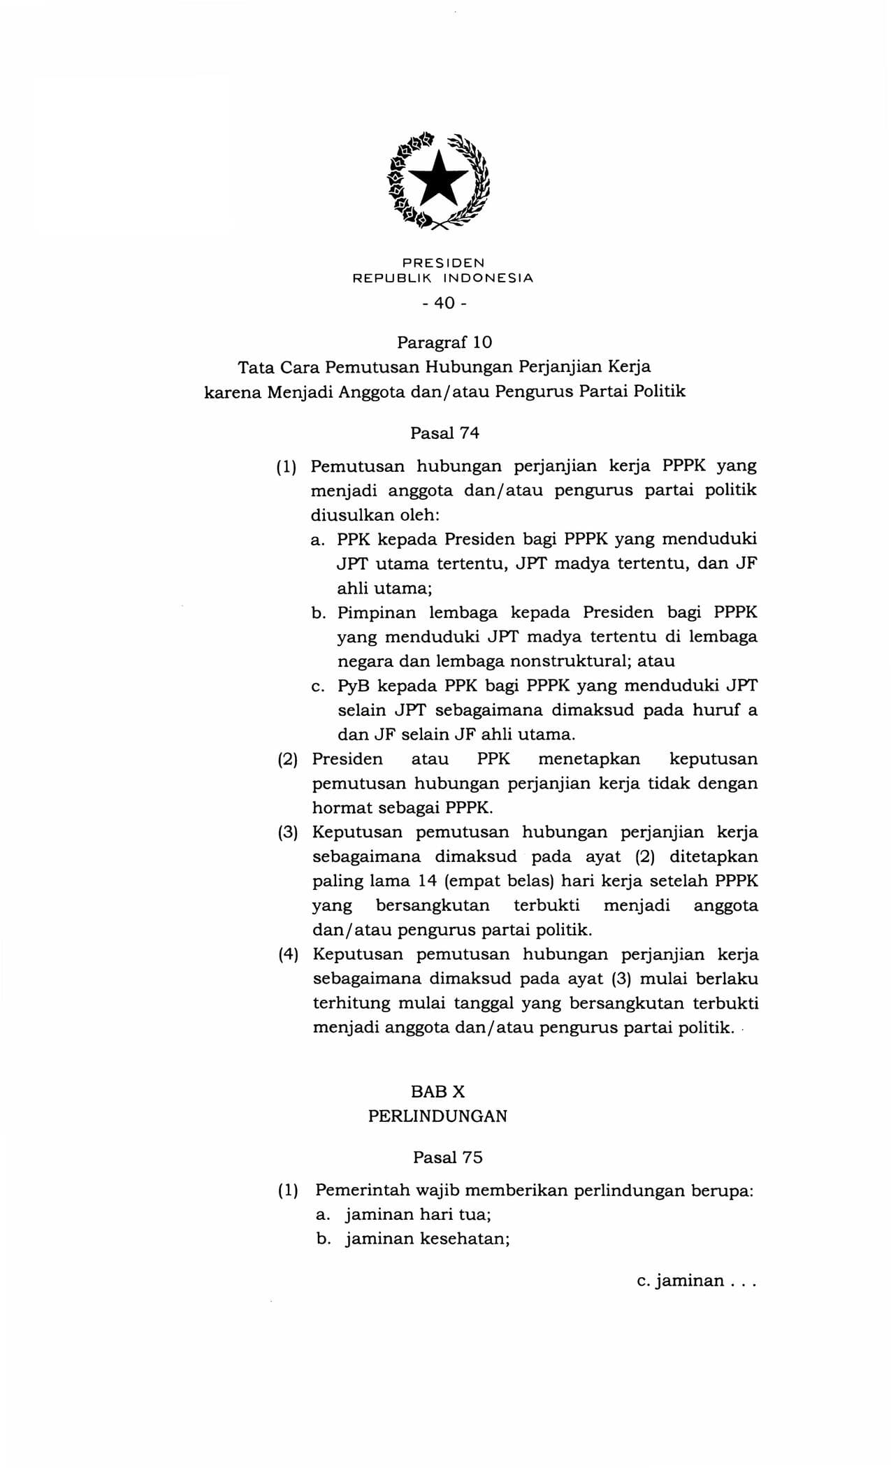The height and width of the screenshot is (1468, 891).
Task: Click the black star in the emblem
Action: pyautogui.click(x=438, y=180)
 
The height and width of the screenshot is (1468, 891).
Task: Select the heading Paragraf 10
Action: pyautogui.click(x=444, y=343)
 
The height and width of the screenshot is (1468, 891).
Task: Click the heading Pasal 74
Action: pyautogui.click(x=444, y=433)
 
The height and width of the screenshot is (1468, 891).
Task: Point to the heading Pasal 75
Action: pyautogui.click(x=447, y=1157)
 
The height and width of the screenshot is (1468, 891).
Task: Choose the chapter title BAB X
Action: pyautogui.click(x=438, y=1091)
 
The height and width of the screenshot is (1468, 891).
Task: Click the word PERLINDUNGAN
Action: pyautogui.click(x=437, y=1116)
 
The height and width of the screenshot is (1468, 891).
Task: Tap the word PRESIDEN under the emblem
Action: pyautogui.click(x=443, y=263)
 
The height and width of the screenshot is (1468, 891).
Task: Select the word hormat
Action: pyautogui.click(x=342, y=807)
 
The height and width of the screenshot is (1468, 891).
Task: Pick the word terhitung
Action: pyautogui.click(x=352, y=1003)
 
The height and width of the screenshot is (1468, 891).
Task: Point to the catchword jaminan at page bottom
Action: pyautogui.click(x=690, y=1281)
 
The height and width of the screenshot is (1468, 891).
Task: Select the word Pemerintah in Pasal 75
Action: pyautogui.click(x=363, y=1190)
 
